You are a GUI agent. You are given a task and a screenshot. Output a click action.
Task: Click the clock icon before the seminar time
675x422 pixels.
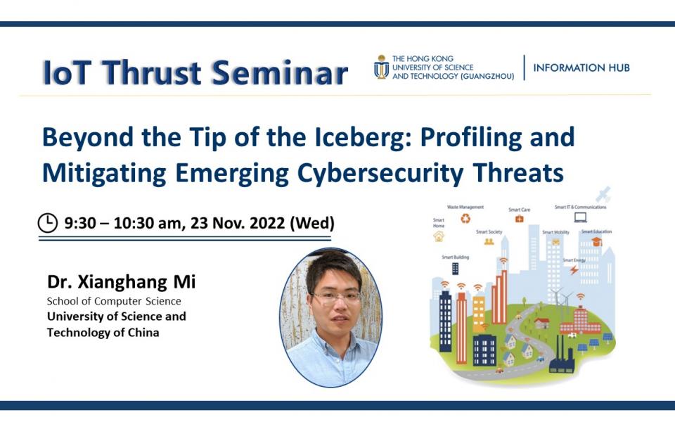pyautogui.click(x=48, y=223)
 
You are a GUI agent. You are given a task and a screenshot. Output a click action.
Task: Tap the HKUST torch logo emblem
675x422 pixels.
pyautogui.click(x=381, y=67)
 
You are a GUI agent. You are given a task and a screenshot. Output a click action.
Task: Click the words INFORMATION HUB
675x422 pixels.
pyautogui.click(x=581, y=68)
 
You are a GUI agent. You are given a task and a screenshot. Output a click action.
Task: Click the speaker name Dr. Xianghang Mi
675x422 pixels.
pyautogui.click(x=121, y=283)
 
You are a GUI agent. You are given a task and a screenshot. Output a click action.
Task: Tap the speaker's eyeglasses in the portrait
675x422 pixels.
pyautogui.click(x=336, y=297)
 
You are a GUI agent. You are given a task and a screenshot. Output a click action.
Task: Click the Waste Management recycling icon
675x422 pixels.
pyautogui.click(x=465, y=219)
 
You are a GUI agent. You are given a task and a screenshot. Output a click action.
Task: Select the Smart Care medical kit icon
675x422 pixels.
pyautogui.click(x=519, y=219)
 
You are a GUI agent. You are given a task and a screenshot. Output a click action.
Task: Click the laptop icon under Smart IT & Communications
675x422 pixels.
pyautogui.click(x=580, y=217)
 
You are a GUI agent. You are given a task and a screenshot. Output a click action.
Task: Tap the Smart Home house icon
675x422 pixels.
pyautogui.click(x=439, y=237)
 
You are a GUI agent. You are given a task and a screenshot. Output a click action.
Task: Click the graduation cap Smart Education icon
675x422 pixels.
pyautogui.click(x=596, y=241)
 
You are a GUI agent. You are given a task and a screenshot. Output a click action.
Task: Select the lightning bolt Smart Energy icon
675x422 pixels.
pyautogui.click(x=574, y=269)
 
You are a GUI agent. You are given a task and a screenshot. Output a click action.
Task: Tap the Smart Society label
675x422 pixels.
pyautogui.click(x=489, y=231)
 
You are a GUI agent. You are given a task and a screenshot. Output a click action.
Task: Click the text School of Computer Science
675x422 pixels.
pyautogui.click(x=114, y=301)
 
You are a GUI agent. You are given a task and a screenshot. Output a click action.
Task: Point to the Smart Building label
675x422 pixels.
pyautogui.click(x=455, y=257)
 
